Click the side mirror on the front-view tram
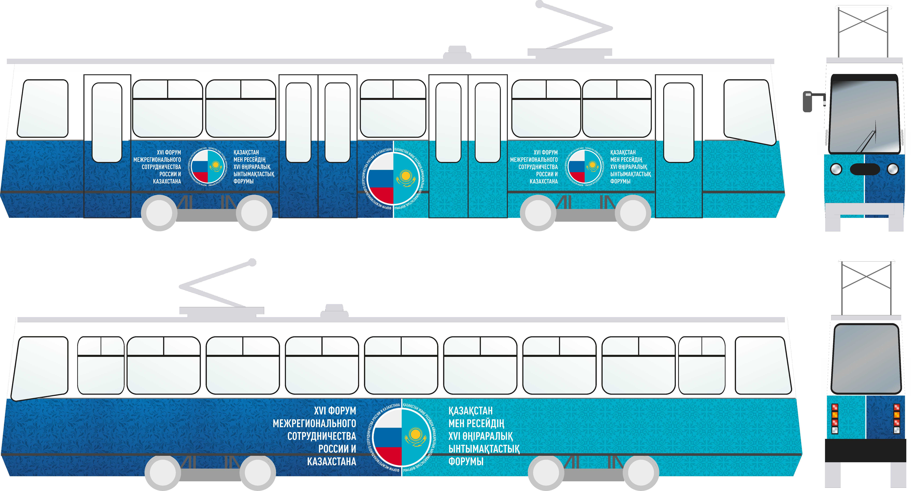pos(808,102)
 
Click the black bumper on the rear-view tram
pos(865,450)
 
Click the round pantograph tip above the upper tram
pos(539,4)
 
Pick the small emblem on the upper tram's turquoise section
pos(584,167)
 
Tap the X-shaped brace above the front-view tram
pos(863,21)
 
